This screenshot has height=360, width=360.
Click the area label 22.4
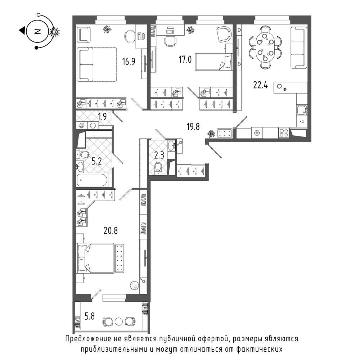pyautogui.click(x=260, y=85)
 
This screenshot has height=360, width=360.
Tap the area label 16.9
pyautogui.click(x=129, y=62)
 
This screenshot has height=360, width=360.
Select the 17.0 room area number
pyautogui.click(x=185, y=59)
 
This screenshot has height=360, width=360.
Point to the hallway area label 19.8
pyautogui.click(x=193, y=126)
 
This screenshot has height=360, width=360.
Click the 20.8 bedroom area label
pyautogui.click(x=111, y=230)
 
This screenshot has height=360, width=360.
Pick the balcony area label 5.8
pyautogui.click(x=90, y=316)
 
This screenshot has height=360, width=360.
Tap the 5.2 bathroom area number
pyautogui.click(x=96, y=161)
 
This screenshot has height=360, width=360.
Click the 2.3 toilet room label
pyautogui.click(x=159, y=156)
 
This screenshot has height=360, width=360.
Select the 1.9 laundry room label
pyautogui.click(x=102, y=117)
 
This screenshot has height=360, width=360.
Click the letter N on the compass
pyautogui.click(x=37, y=31)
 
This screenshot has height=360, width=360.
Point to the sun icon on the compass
pyautogui.click(x=54, y=32)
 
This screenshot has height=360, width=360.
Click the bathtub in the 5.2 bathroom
pyautogui.click(x=92, y=180)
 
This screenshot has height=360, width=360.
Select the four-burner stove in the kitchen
pyautogui.click(x=284, y=133)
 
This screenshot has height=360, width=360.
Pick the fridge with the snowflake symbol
pyautogui.click(x=257, y=133)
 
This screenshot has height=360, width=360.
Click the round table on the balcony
pyautogui.click(x=119, y=321)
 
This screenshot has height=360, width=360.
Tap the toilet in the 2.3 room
pyautogui.click(x=158, y=167)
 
